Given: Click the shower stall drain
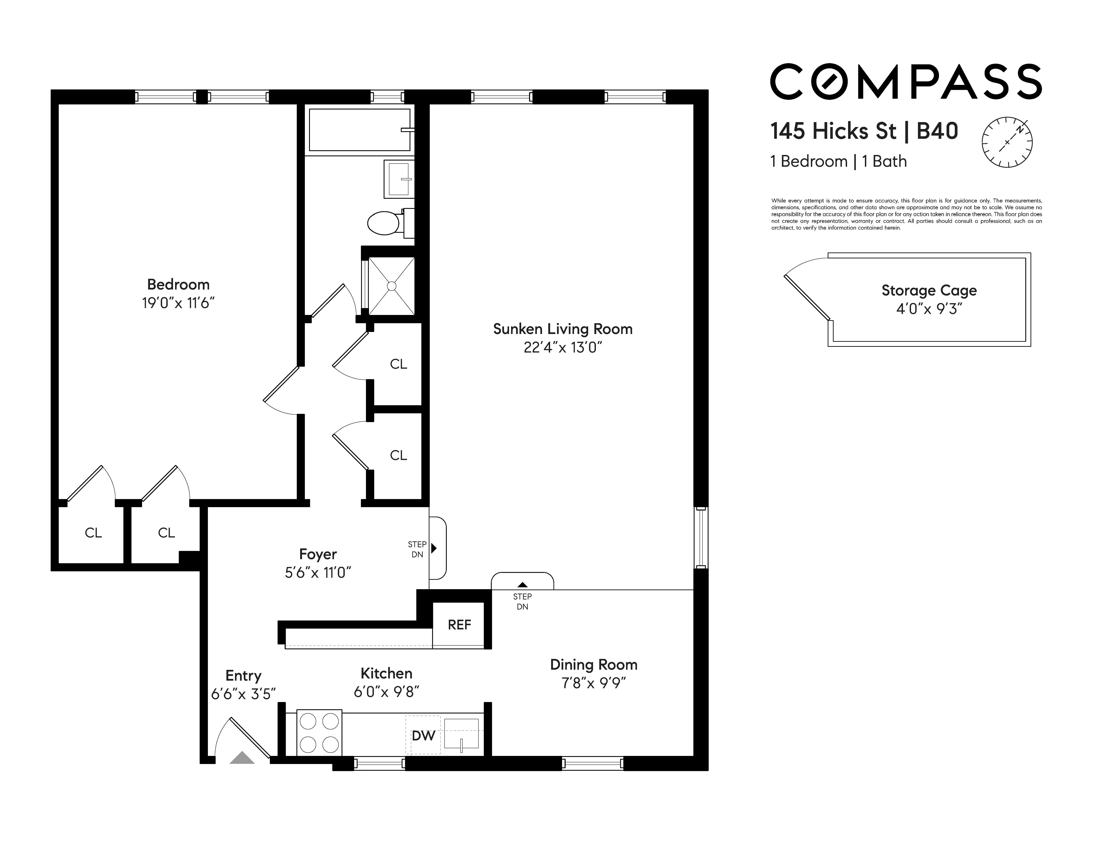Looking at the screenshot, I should pos(391,286).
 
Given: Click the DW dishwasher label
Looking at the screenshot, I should pos(423,735).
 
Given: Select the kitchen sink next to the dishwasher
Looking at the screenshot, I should pos(461,733).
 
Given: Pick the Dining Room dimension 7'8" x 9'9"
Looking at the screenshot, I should pos(593,682).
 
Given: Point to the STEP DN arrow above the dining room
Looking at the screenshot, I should pos(523,585).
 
